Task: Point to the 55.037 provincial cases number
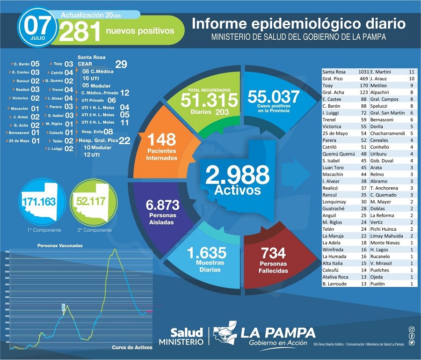coord(273,97)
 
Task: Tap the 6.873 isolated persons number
coord(162,205)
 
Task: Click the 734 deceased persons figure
coord(273,253)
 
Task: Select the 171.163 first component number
coord(39,202)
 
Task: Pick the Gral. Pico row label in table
coord(334,79)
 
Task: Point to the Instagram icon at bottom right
coord(411,329)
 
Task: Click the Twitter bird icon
coord(411,342)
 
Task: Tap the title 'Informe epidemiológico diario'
coord(298,23)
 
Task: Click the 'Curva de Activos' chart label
coord(132,347)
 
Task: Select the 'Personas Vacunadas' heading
coord(60,245)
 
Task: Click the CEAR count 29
coord(121,65)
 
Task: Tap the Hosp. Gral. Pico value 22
coord(124,140)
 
